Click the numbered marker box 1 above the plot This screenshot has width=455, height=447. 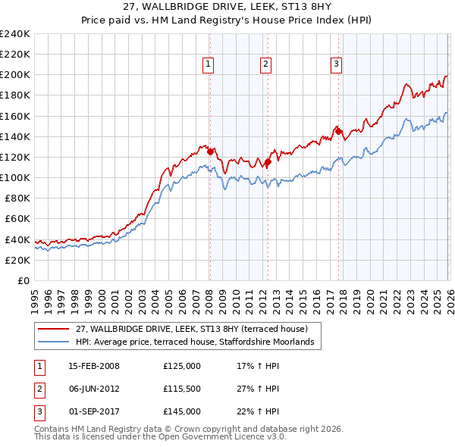coord(209,65)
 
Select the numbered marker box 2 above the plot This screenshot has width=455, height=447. coord(266,65)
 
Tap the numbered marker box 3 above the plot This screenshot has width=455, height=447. coord(336,65)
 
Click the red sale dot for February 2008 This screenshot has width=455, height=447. coord(210,152)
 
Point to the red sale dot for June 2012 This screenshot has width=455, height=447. coord(268,161)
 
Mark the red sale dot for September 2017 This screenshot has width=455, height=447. coord(338,131)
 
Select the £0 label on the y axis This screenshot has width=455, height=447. coord(24,280)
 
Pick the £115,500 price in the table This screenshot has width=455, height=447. coord(182,389)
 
